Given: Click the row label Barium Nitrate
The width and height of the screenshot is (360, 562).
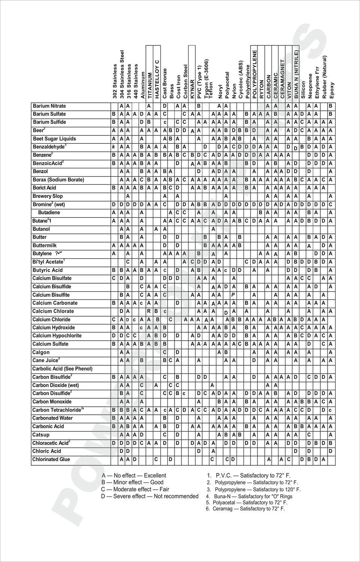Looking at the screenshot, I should click(x=49, y=106).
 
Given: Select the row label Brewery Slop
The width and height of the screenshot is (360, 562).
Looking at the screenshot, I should click(x=48, y=196).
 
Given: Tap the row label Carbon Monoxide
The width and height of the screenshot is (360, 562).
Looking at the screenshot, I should click(x=52, y=402).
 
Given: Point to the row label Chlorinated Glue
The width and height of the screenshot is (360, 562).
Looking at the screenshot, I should click(x=51, y=459).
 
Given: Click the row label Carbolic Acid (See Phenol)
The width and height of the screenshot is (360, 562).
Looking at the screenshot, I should click(x=62, y=369).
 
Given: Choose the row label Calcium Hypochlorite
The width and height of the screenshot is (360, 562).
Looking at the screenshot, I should click(x=57, y=336).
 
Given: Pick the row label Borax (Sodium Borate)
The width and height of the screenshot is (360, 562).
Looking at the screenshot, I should click(x=58, y=180).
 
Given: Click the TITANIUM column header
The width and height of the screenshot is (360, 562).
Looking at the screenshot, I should click(x=149, y=86).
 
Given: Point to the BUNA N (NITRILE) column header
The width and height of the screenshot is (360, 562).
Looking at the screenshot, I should click(x=296, y=74).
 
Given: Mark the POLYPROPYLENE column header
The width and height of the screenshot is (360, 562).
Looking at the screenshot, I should click(x=254, y=74).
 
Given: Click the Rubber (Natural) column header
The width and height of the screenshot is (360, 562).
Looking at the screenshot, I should click(x=325, y=77).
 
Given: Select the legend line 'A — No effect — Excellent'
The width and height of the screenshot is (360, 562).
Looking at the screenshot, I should click(x=134, y=475).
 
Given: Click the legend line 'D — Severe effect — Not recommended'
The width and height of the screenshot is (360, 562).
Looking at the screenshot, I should click(x=150, y=496).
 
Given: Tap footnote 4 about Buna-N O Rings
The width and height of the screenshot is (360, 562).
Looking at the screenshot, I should click(x=249, y=496).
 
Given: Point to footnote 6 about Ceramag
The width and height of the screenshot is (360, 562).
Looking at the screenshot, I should click(x=245, y=509).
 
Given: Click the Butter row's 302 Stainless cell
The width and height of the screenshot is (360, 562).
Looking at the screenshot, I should click(x=114, y=237).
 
